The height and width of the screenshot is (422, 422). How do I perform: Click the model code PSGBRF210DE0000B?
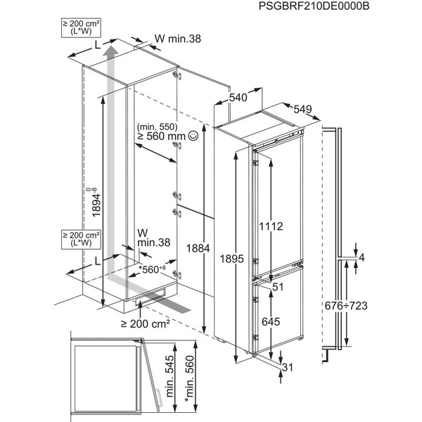(314, 6)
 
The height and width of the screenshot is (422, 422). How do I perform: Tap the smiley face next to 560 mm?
(193, 136)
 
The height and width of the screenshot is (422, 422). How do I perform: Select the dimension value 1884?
(198, 248)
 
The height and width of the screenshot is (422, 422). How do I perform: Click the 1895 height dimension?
(231, 259)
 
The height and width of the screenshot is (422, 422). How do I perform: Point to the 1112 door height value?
(271, 226)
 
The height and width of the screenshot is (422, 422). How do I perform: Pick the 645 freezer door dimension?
(271, 321)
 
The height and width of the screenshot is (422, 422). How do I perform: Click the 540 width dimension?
(238, 98)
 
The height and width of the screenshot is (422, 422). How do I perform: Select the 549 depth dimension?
(302, 109)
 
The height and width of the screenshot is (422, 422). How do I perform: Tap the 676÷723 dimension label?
(346, 306)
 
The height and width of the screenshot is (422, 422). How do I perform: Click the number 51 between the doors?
(278, 287)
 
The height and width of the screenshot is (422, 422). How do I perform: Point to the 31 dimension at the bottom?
(287, 367)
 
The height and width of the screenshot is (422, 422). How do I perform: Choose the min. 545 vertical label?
(170, 376)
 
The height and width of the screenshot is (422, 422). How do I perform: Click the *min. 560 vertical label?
(189, 379)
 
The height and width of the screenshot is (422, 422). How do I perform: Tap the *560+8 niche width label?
(152, 269)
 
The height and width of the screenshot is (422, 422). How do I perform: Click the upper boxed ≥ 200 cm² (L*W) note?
(81, 27)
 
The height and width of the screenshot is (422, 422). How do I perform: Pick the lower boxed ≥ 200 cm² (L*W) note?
(81, 239)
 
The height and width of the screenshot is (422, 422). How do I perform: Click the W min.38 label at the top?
(178, 39)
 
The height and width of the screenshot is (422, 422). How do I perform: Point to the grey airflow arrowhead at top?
(110, 51)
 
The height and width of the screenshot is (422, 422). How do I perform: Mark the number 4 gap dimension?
(362, 257)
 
